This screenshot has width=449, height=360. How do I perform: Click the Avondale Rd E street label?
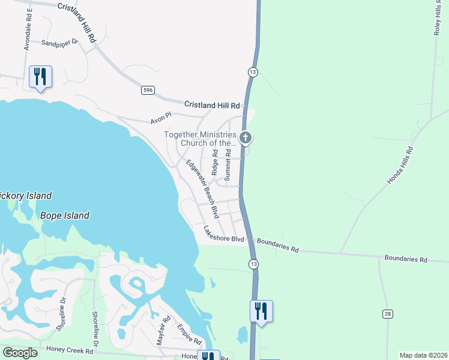click(x=28, y=29)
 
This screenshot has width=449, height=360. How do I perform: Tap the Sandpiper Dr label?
click(x=60, y=43)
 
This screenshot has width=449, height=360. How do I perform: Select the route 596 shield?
click(x=148, y=90)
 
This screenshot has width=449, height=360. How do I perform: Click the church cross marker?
click(x=245, y=138)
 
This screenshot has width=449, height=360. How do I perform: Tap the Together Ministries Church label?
click(x=202, y=139)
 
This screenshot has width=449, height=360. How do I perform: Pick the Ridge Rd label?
click(x=214, y=163)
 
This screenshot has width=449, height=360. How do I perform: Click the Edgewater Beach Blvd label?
click(x=201, y=189)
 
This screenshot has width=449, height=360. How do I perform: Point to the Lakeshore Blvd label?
click(x=224, y=234)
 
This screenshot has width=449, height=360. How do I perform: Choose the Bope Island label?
click(x=65, y=215)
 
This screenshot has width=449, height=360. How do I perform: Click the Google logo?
click(x=20, y=353)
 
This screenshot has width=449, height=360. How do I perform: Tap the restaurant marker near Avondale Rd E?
click(x=40, y=77)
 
